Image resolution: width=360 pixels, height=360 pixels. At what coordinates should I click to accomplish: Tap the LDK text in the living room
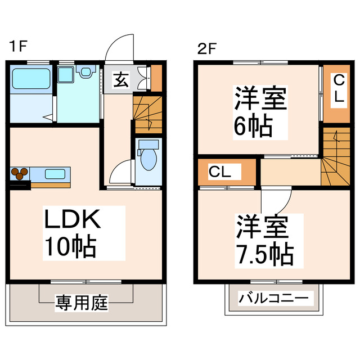[72, 220]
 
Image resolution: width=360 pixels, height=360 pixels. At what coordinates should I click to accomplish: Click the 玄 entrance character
[121, 79]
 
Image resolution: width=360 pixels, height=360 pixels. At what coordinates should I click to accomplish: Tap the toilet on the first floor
[148, 158]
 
